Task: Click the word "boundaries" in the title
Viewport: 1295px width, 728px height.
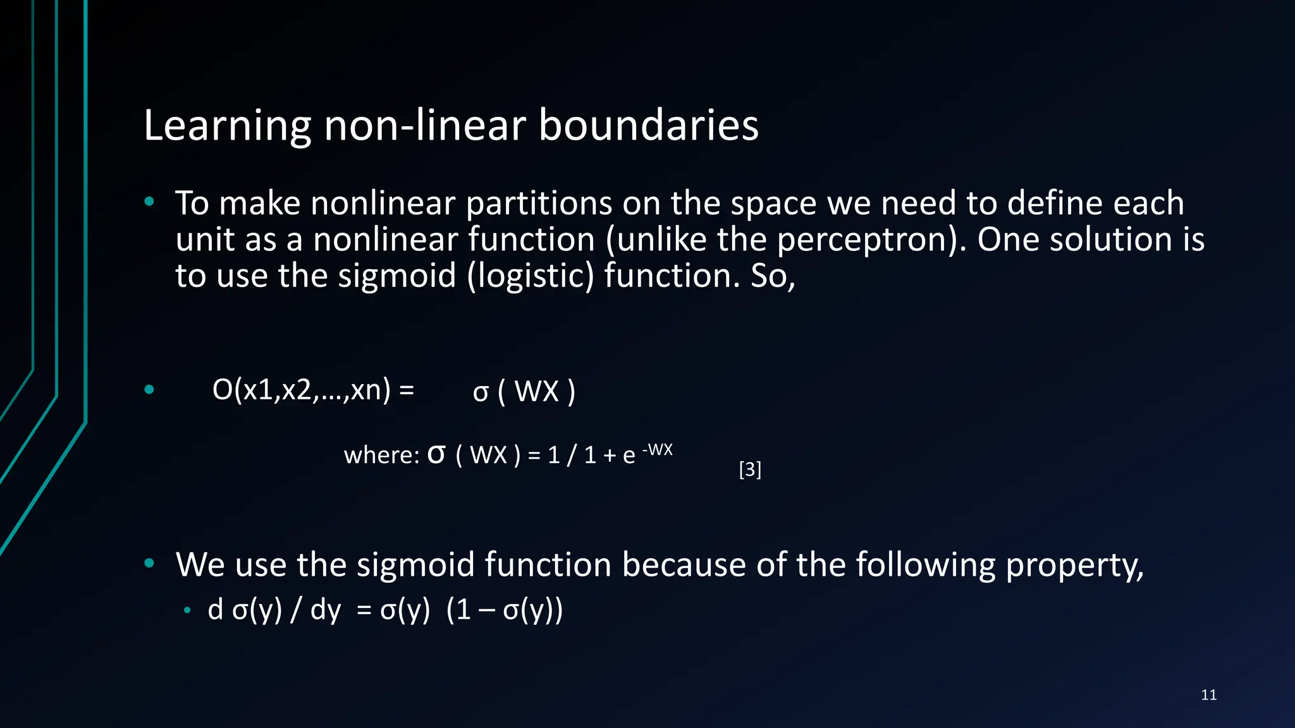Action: [x=648, y=125]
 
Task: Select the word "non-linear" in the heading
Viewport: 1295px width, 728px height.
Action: [x=424, y=125]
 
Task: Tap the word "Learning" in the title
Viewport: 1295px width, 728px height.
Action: [x=227, y=125]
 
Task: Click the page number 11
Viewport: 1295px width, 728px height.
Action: [x=1208, y=695]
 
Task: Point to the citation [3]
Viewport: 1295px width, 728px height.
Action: [x=750, y=470]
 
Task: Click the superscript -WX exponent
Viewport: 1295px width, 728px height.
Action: [x=658, y=450]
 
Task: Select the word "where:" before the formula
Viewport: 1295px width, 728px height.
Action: [x=381, y=455]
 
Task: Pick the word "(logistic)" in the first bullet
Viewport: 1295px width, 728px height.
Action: [x=531, y=276]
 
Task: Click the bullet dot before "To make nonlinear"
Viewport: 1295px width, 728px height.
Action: [x=149, y=202]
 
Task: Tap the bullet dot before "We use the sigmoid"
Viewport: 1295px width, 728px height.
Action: [x=149, y=563]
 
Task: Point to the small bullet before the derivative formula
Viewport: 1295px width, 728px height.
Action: [x=187, y=610]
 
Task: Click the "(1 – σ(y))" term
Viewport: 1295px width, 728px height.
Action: [x=504, y=610]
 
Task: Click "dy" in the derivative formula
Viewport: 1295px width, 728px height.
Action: [x=326, y=610]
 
